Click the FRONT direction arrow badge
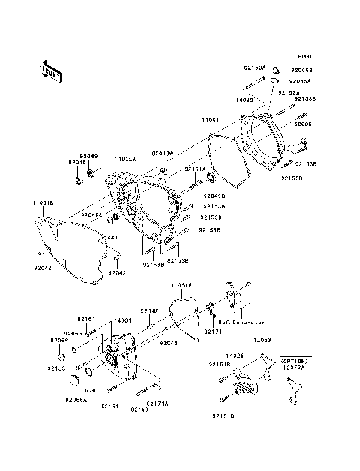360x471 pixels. (x=51, y=70)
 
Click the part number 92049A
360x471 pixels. (x=162, y=153)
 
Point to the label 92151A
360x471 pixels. (x=195, y=169)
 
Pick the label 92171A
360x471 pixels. (x=157, y=403)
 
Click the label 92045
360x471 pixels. (x=78, y=161)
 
